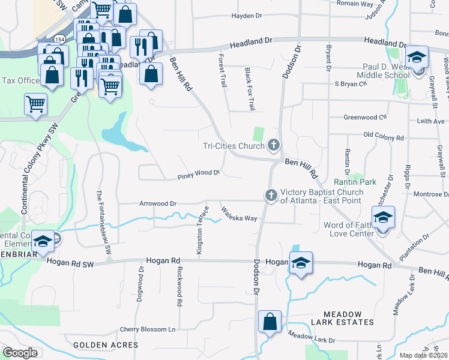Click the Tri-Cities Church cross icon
click(274, 145)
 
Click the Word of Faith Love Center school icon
click(383, 218)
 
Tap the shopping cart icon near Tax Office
click(36, 103)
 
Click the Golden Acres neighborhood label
click(106, 345)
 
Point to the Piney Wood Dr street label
click(199, 174)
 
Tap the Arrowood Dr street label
click(157, 203)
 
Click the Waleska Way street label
click(239, 214)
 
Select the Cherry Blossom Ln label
click(147, 329)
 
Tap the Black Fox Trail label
click(249, 89)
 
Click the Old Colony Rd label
click(384, 137)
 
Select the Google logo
click(20, 353)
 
